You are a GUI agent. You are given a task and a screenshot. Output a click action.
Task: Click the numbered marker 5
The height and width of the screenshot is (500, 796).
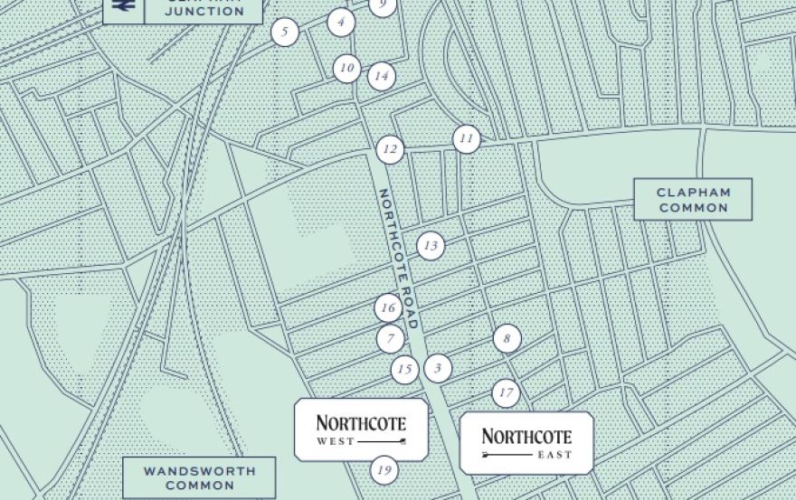pyautogui.click(x=285, y=33)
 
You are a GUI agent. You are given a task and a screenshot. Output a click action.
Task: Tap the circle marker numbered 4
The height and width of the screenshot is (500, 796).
pyautogui.click(x=341, y=22)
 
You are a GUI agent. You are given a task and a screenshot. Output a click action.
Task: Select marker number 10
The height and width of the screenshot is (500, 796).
pyautogui.click(x=346, y=68)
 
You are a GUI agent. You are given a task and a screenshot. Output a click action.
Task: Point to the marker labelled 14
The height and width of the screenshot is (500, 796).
pyautogui.click(x=382, y=76)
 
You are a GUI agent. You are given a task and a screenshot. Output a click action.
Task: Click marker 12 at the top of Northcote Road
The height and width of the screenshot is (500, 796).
pyautogui.click(x=390, y=149)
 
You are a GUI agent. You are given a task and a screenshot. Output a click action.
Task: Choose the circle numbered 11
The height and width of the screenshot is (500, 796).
pyautogui.click(x=466, y=139)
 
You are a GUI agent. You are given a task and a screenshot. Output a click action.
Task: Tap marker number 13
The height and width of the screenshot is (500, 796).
pyautogui.click(x=431, y=245)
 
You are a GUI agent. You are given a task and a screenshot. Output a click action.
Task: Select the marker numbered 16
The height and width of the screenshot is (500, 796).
pyautogui.click(x=388, y=308)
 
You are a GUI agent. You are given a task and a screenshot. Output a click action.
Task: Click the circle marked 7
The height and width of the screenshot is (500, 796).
pyautogui.click(x=391, y=339)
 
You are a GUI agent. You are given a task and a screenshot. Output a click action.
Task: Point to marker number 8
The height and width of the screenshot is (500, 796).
pyautogui.click(x=507, y=339)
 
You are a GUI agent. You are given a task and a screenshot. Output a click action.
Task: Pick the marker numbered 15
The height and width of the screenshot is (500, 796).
pyautogui.click(x=405, y=369)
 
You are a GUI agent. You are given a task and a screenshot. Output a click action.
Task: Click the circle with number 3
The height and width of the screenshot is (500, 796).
pyautogui.click(x=438, y=368)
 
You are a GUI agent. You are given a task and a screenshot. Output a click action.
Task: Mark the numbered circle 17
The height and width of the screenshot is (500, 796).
pyautogui.click(x=506, y=393)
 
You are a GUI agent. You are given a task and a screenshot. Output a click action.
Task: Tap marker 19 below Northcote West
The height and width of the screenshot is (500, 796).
pyautogui.click(x=384, y=470)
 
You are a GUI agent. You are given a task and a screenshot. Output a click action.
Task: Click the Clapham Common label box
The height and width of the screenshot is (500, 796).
pyautogui.click(x=693, y=200)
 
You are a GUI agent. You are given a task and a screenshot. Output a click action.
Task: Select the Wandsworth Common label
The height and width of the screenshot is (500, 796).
pyautogui.click(x=187, y=477)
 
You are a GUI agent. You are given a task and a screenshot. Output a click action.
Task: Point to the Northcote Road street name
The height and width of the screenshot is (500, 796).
pyautogui.click(x=397, y=259)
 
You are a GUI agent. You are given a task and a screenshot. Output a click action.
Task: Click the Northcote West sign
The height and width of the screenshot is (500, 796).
pyautogui.click(x=361, y=429)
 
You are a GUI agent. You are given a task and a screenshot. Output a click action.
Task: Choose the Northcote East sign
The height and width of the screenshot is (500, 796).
pyautogui.click(x=526, y=443)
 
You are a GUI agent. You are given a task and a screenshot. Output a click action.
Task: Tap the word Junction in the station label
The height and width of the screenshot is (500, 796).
pyautogui.click(x=204, y=11)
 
